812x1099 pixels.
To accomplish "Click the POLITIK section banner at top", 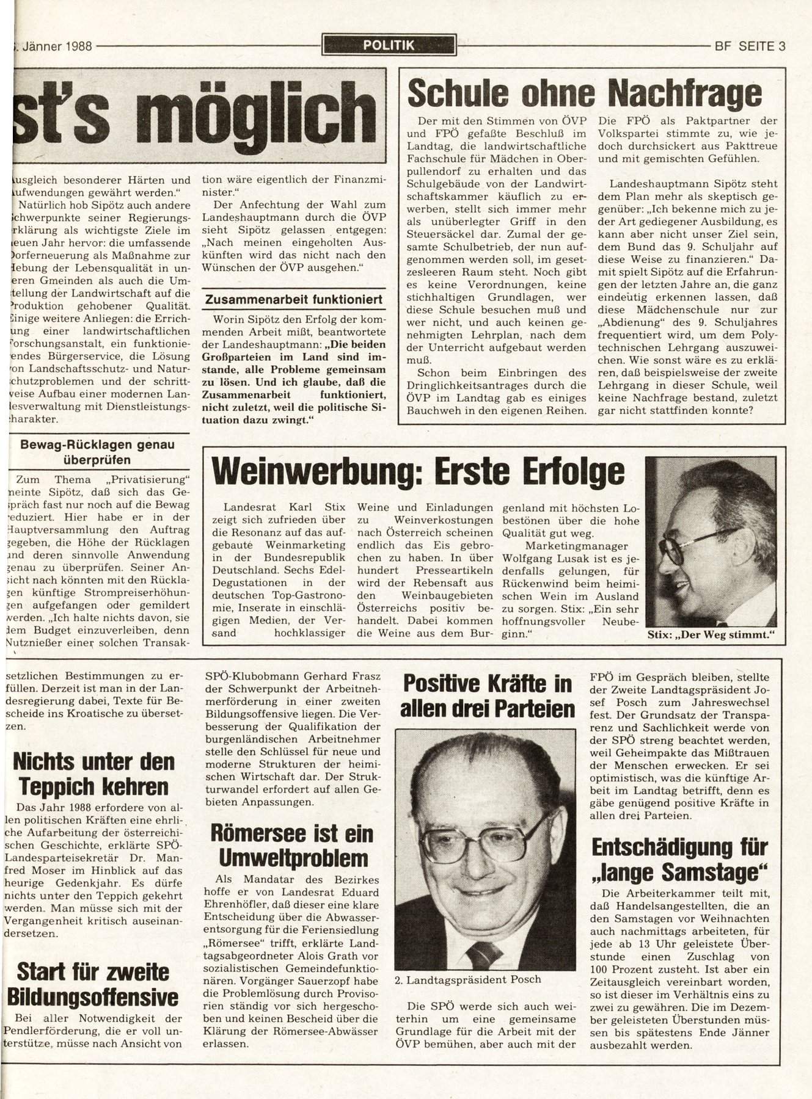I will point(389,45).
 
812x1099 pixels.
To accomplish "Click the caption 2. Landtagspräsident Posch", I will point(467,979).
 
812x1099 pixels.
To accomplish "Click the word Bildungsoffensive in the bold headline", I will point(93,998).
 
